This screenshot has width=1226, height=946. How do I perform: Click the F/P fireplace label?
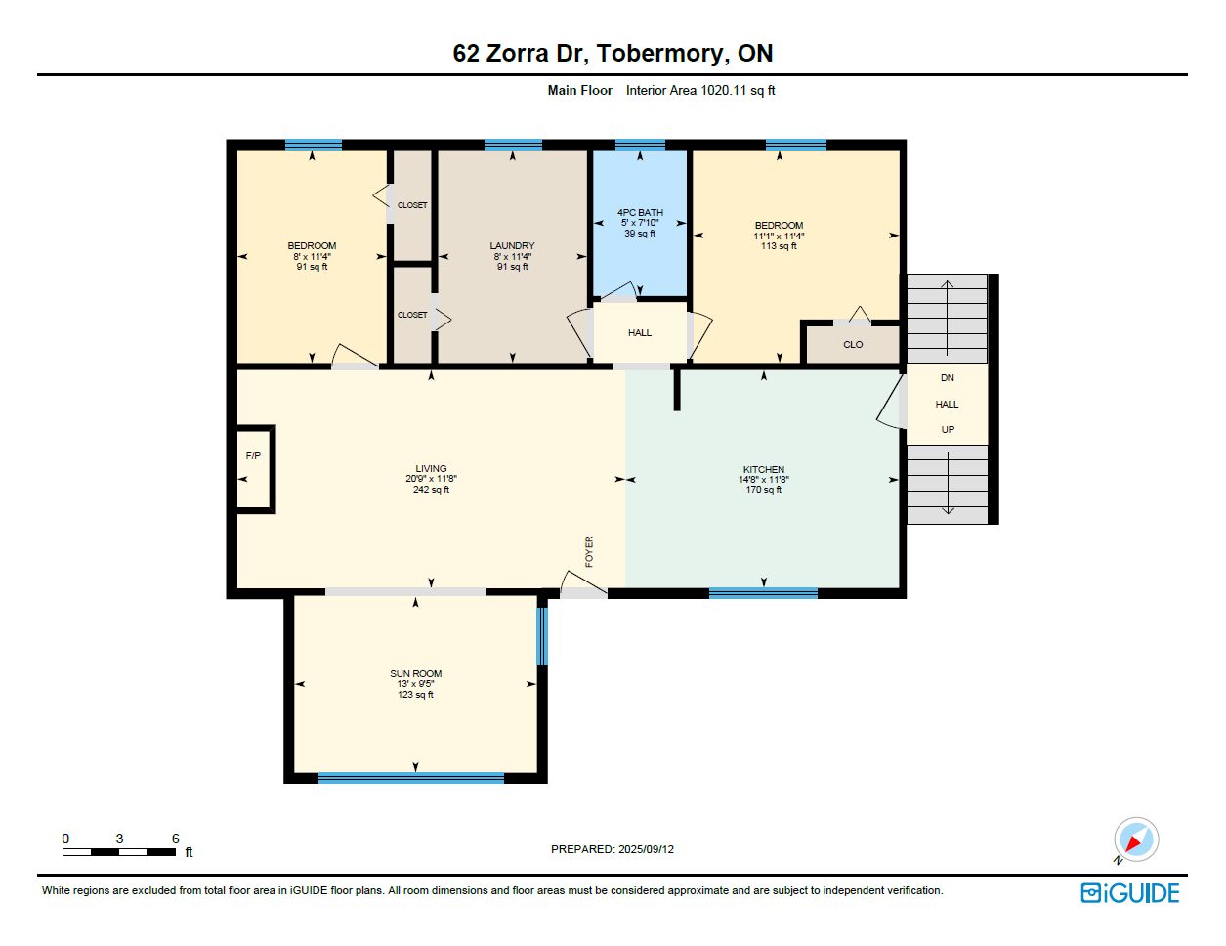coord(253,456)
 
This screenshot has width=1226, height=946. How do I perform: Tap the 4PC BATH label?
coord(640,213)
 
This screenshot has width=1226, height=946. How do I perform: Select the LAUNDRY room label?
coord(512,246)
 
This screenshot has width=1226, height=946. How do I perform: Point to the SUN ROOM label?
coord(416,674)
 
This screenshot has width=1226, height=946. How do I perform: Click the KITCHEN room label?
coord(764,470)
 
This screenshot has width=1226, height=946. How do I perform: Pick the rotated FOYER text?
coord(589,551)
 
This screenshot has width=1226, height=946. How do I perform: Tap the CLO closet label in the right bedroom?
coord(853,345)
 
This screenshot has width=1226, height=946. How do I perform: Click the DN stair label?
coord(948,378)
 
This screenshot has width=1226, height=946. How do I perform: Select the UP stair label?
coord(948,430)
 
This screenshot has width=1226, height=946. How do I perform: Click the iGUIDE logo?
coord(1130,893)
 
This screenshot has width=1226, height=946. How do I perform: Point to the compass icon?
coord(1136,839)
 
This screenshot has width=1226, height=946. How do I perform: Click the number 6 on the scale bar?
coord(176,838)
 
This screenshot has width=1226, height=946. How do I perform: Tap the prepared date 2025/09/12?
coord(646,849)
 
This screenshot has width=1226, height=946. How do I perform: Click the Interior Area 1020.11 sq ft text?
coord(700,90)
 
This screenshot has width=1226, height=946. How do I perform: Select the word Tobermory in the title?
coord(659,54)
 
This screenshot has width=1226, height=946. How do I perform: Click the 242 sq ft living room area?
coord(431,490)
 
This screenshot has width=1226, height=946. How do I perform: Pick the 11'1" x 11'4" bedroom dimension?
coord(779,236)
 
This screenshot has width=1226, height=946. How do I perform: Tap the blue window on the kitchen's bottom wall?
coord(763,593)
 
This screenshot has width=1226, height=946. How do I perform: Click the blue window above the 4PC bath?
coord(640,145)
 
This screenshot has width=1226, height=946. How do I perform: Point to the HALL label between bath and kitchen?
coord(640,333)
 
